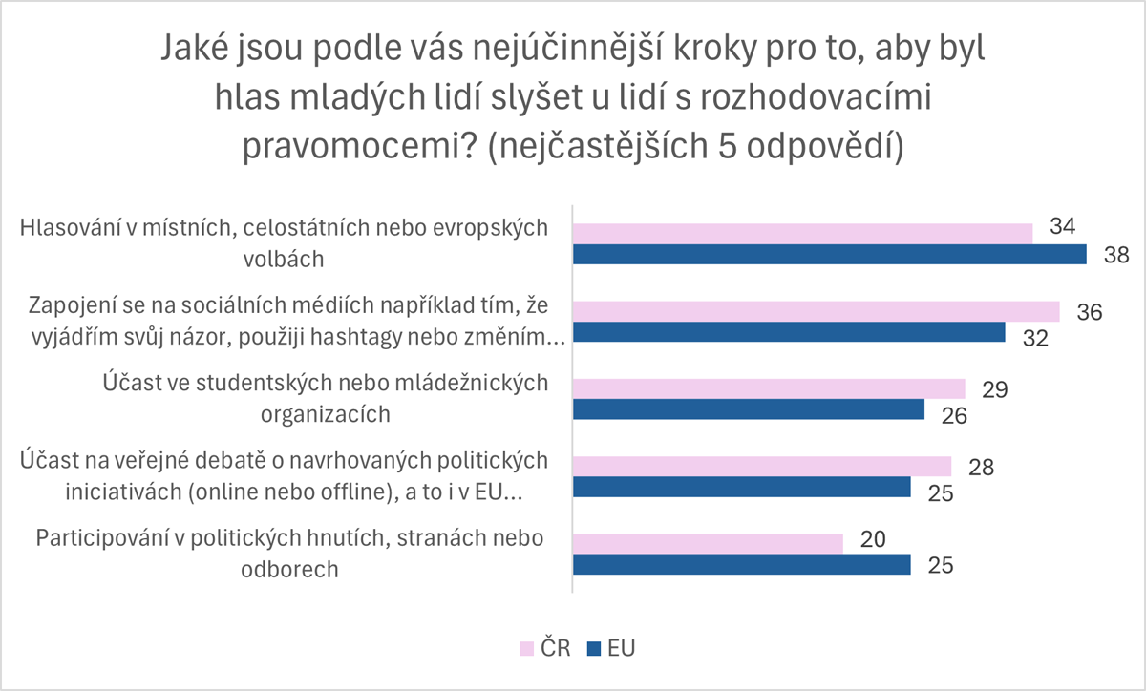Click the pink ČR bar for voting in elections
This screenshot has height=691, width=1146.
802,234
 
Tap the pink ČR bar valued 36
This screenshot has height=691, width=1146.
816,311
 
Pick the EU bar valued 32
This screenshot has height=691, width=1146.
789,332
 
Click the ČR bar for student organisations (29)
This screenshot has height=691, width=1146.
769,388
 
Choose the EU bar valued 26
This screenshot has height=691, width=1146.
749,409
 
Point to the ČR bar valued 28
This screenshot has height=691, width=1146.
762,466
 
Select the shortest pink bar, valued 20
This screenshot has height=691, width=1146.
708,543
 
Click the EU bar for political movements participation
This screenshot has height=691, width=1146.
742,564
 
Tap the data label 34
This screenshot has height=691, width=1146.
1062,227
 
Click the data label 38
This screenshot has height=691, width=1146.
1115,255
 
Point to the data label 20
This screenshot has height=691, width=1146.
873,537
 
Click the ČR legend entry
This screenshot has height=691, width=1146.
545,649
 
